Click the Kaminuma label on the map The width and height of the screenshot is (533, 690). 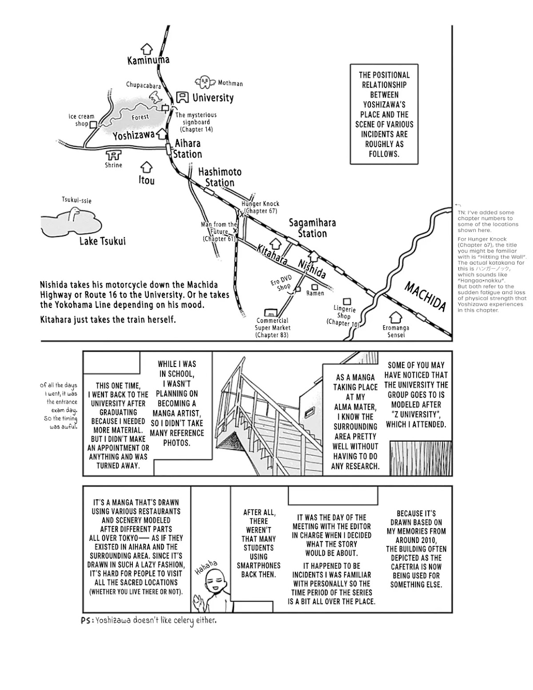point(148,60)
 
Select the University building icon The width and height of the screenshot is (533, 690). point(182,97)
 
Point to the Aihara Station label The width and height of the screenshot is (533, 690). point(187,149)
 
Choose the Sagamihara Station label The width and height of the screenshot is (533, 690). point(312,228)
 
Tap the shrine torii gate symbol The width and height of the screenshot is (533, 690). point(115,155)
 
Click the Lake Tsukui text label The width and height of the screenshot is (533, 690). point(103,241)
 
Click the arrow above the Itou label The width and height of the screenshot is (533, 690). point(146,168)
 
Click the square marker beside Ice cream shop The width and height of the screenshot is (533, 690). point(93,125)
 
